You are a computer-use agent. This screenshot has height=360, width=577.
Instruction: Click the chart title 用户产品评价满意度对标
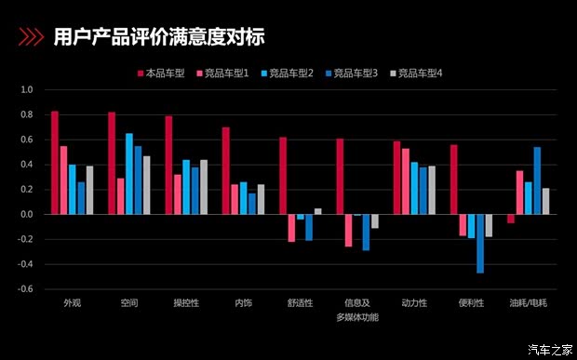coord(159,37)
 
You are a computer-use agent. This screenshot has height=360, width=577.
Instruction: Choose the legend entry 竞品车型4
coord(421,73)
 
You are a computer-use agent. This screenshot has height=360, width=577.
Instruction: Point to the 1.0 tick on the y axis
coord(26,90)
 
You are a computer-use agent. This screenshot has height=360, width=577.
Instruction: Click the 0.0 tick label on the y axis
coord(26,215)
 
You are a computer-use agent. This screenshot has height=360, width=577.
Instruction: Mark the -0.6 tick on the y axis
coord(25,289)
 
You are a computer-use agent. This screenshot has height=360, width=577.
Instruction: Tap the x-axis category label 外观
coord(72,303)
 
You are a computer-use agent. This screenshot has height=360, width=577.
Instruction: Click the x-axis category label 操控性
coord(185,303)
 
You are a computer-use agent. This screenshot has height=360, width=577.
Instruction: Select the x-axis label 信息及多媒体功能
coord(356,310)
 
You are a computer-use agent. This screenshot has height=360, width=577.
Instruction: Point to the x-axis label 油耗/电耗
coord(528,303)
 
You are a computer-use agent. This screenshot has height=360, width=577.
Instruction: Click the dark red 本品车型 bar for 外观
coord(55,163)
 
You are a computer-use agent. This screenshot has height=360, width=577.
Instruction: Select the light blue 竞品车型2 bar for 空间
coord(129,174)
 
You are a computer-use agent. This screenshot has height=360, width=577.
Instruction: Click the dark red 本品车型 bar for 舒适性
coord(283,176)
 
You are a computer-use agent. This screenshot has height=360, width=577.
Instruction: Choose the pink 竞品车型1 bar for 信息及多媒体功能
coord(348,231)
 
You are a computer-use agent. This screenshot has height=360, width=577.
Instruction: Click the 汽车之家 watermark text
coord(549,349)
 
